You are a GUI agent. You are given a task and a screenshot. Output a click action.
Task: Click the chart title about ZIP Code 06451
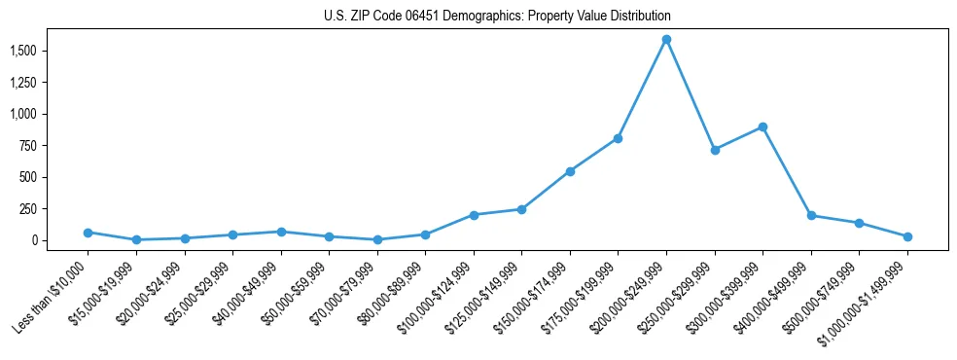click(497, 16)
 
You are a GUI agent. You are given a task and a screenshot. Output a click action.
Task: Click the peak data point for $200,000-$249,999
click(666, 40)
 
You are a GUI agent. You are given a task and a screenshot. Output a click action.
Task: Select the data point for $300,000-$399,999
click(762, 126)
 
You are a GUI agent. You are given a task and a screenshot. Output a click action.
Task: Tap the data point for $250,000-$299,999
click(715, 150)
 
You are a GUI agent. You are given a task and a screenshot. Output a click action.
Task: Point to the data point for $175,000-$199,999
click(618, 138)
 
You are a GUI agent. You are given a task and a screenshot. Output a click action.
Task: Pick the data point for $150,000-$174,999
click(570, 171)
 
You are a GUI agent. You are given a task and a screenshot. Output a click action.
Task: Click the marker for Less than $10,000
click(88, 233)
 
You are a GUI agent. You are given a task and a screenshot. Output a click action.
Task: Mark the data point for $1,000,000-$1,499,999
click(907, 236)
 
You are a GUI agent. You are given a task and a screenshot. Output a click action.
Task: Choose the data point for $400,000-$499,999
click(811, 216)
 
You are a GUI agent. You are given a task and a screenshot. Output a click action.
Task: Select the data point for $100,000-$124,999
click(474, 215)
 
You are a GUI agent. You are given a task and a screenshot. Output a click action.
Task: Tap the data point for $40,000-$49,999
click(281, 232)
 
